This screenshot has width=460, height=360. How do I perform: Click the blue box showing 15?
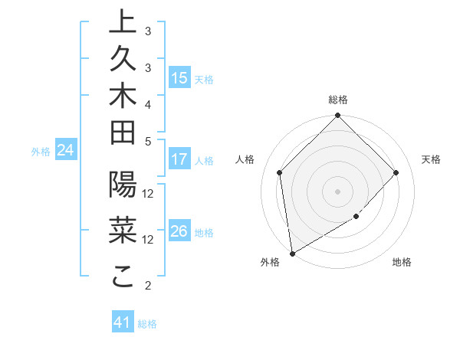click(179, 78)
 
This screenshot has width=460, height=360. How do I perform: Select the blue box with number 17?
click(179, 160)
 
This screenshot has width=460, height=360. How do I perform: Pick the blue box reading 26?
click(179, 232)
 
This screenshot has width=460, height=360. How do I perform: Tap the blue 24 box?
click(66, 151)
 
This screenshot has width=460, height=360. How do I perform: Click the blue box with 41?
click(123, 323)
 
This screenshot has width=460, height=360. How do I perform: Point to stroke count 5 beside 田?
click(148, 140)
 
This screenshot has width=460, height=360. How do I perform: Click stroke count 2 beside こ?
click(148, 286)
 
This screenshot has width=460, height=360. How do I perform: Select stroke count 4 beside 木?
click(148, 103)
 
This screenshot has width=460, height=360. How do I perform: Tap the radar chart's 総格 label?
click(338, 100)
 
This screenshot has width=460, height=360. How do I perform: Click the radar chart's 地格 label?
click(402, 262)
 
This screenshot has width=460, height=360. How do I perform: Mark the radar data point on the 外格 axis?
click(292, 253)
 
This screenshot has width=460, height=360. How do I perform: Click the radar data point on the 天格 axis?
click(396, 172)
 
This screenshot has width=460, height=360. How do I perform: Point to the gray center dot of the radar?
click(338, 191)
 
